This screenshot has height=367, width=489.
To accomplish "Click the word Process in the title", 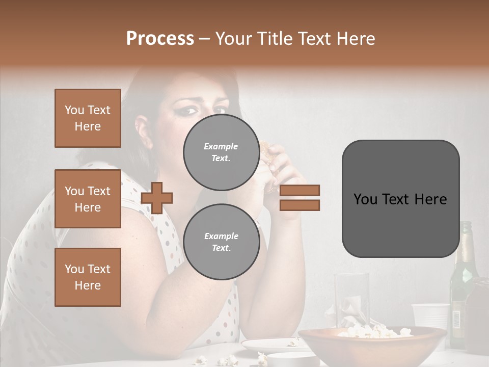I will [x=160, y=39].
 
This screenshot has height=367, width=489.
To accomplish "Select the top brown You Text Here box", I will [x=88, y=118].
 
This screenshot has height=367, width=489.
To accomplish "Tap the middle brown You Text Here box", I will [x=88, y=199].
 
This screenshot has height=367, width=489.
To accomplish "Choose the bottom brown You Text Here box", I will [x=88, y=277].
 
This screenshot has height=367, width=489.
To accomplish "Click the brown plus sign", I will [x=157, y=198].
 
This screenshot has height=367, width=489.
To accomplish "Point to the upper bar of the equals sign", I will [x=300, y=191].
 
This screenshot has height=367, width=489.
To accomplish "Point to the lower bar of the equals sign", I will [x=300, y=205].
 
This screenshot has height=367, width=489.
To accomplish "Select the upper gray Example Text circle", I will [x=221, y=152].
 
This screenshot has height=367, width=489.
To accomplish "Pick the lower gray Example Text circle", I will [x=221, y=242].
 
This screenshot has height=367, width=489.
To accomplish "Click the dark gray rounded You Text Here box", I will [x=400, y=199].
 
